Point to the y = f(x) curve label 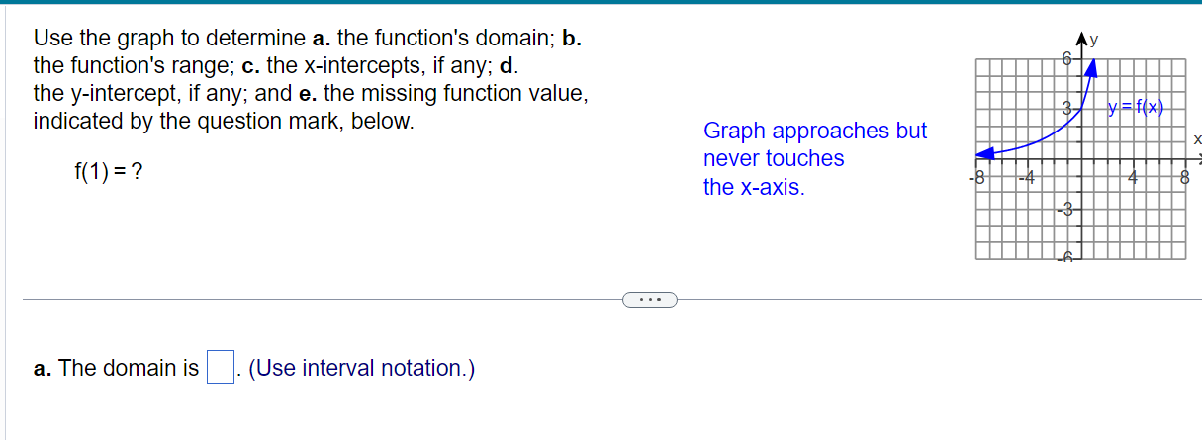[1136, 107]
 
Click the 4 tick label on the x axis [1135, 180]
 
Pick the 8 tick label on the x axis [1182, 180]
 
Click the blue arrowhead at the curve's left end [985, 154]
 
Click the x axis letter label [1196, 140]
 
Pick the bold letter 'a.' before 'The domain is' [42, 369]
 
